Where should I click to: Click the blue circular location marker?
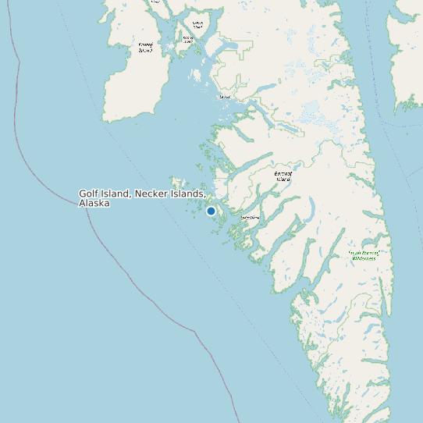point(211,211)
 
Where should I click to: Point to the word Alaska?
point(94,203)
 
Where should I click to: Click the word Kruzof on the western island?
point(146,44)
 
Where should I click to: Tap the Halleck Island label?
point(197,25)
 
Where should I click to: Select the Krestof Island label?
point(188,38)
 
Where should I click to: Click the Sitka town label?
point(226,97)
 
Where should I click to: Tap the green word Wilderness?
point(363,258)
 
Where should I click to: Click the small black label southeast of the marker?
point(249,217)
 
